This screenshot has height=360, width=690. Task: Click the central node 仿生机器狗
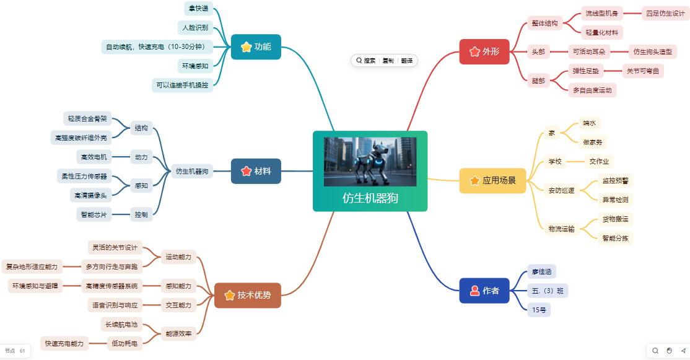pos(370,171)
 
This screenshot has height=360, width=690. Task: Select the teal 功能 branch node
pos(256,46)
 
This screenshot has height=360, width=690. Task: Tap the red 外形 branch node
pos(484,51)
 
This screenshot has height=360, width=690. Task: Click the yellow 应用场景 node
pos(493,180)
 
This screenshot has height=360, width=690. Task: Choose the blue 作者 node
pos(484,291)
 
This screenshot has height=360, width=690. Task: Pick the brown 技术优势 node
pos(248,296)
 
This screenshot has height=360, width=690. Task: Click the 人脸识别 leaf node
pos(195,27)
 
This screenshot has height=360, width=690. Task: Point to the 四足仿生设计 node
pos(665,13)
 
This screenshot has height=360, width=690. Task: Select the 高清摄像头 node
pos(90,195)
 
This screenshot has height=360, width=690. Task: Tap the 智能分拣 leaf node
pos(615,238)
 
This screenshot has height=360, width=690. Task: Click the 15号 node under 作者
pos(539,310)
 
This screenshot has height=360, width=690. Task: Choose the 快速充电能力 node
pos(64,343)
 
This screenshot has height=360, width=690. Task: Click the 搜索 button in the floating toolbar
pos(366,61)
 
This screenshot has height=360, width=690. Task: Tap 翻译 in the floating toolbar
pos(407,61)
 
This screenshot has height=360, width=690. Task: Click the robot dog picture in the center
pos(370,162)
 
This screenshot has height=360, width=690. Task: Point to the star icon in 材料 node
pos(247,171)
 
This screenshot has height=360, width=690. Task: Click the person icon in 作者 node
pos(475,291)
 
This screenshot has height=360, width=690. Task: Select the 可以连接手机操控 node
pos(182,85)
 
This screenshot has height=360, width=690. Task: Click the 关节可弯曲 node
pos(643,71)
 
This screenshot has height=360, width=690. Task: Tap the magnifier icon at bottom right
pos(655,351)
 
